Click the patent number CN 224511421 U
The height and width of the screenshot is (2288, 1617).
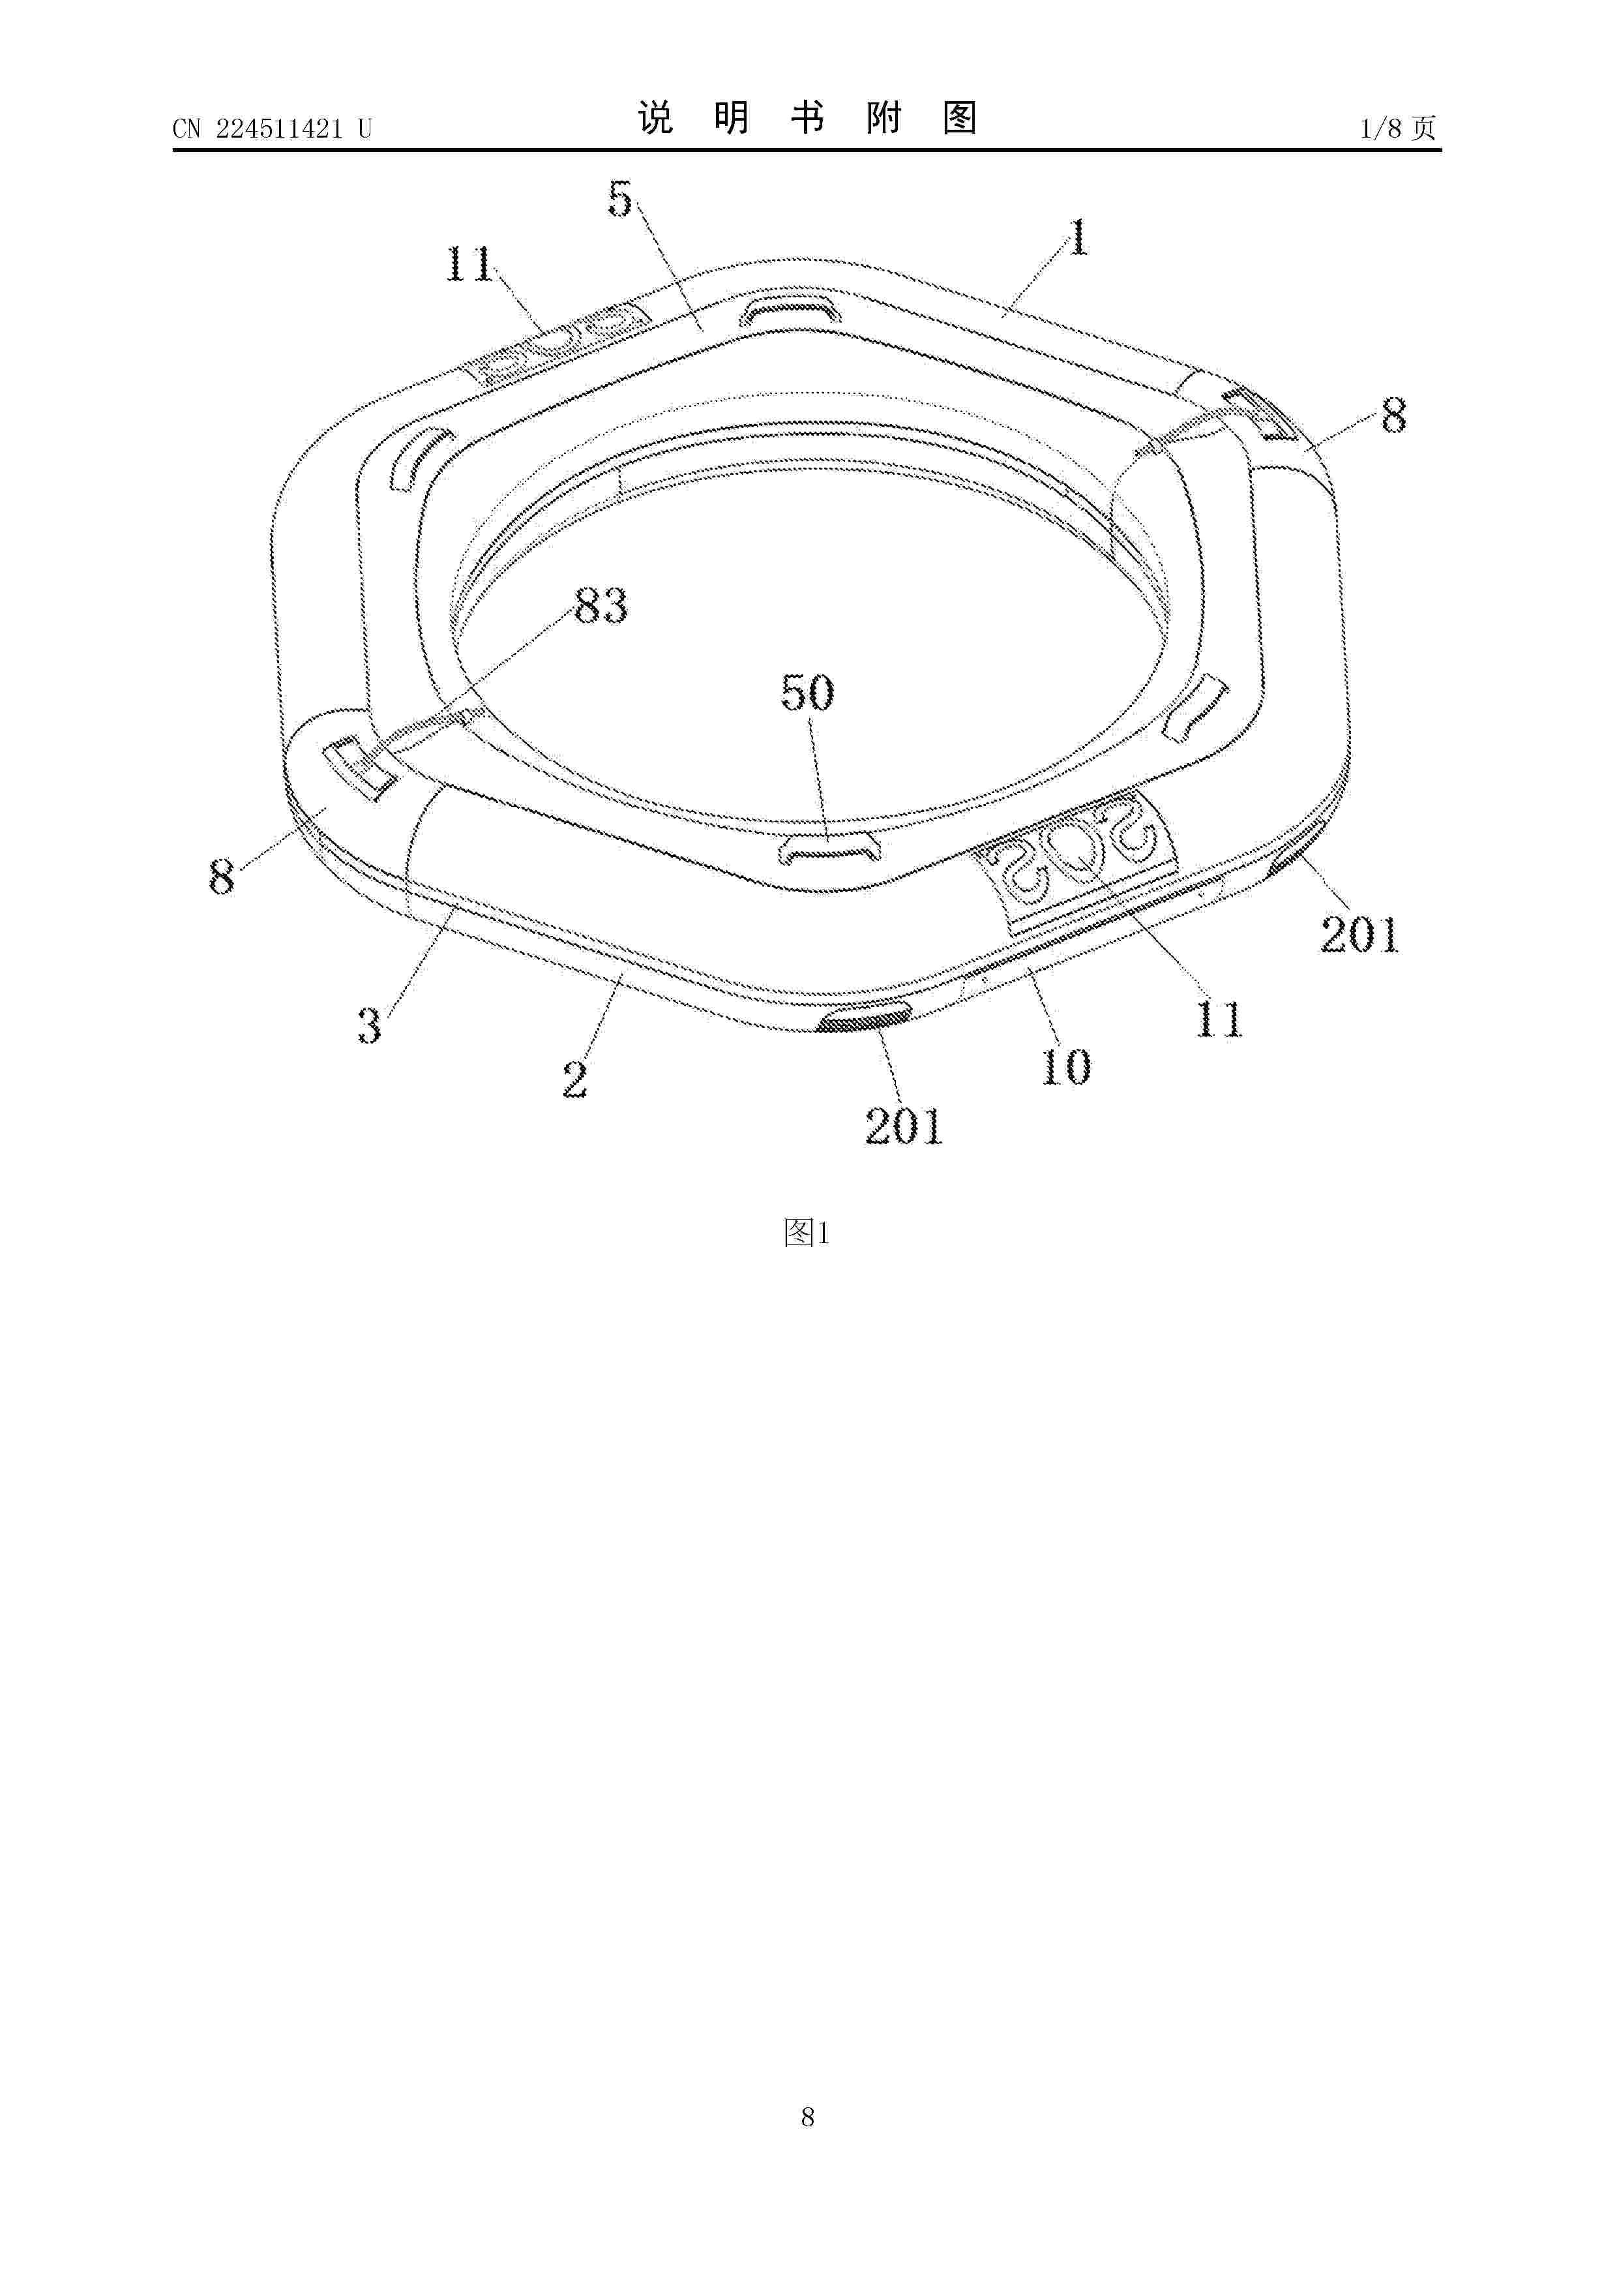click(272, 128)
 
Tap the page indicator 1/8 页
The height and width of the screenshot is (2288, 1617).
click(1398, 128)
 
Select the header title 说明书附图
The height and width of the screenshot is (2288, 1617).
click(807, 119)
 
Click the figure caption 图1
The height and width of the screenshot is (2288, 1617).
click(807, 1233)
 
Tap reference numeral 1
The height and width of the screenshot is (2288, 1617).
click(1078, 237)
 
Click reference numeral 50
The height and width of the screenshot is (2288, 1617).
click(807, 693)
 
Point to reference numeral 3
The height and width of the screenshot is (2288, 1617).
click(370, 1025)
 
